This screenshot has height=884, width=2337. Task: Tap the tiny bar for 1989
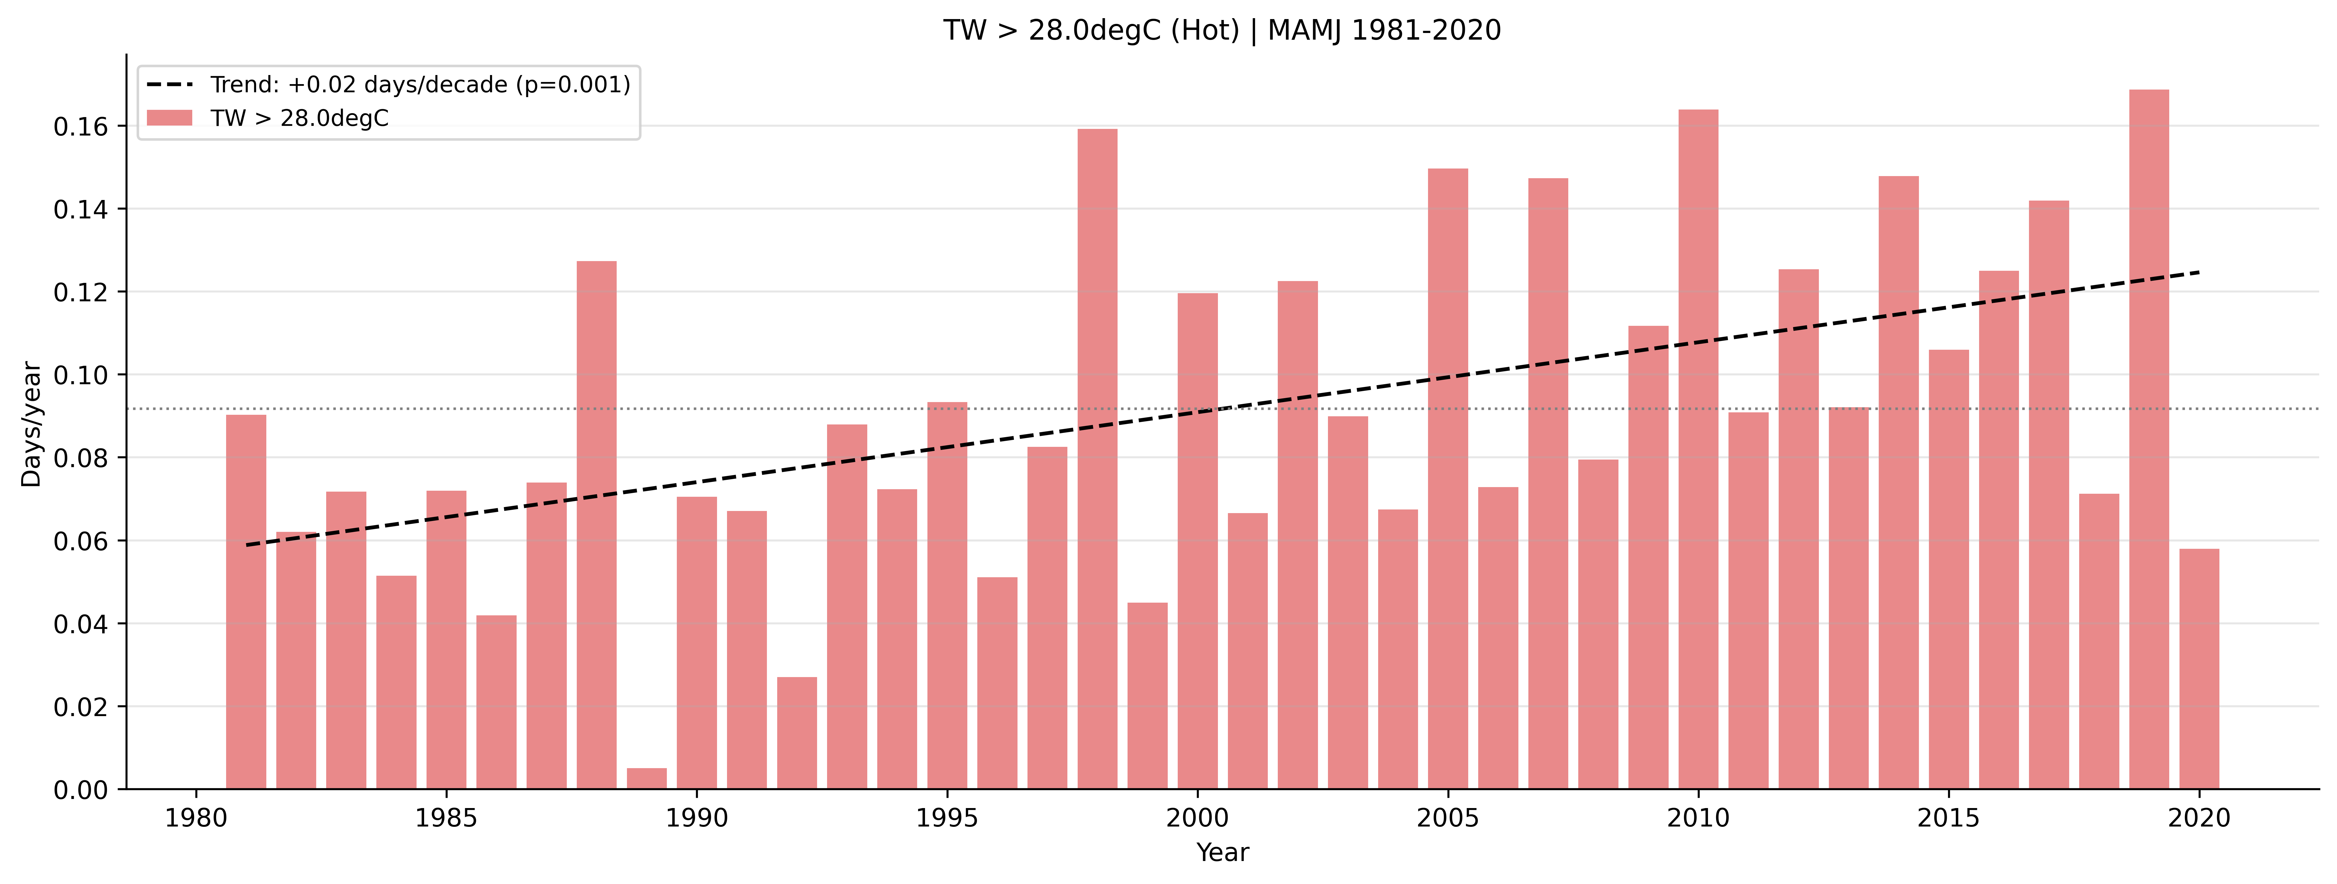click(647, 779)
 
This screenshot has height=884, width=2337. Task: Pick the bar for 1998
click(1098, 458)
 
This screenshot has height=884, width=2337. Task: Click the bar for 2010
click(1698, 449)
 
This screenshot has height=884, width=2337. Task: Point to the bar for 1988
click(597, 525)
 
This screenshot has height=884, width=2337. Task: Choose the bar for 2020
click(2199, 669)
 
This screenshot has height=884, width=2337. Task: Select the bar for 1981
click(246, 602)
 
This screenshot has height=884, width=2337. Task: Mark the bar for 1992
click(797, 733)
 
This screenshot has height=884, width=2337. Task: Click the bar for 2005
click(1448, 478)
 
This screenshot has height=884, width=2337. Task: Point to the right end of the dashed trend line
click(2198, 272)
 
